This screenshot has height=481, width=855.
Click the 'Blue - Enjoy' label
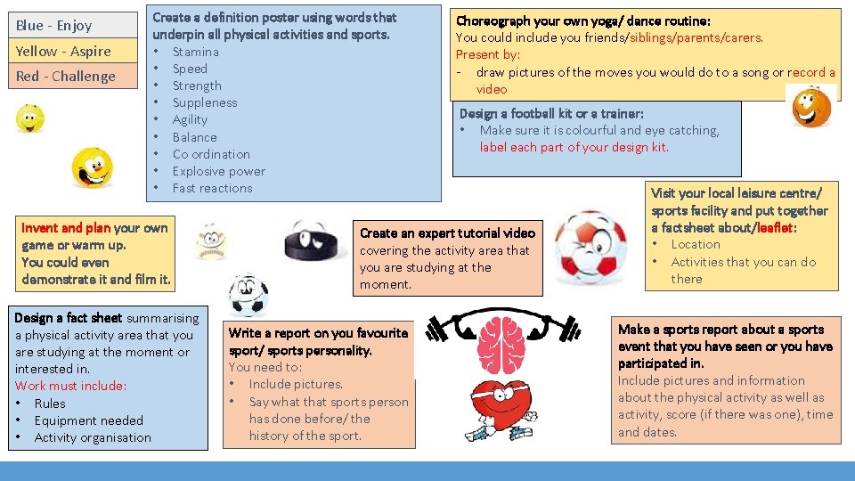click(x=53, y=25)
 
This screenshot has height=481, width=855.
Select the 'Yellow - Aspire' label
click(x=63, y=51)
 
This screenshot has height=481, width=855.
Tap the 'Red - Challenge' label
click(x=65, y=76)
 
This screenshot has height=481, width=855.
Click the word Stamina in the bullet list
click(x=195, y=52)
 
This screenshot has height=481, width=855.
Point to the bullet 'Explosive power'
click(x=218, y=171)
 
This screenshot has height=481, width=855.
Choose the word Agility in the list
click(x=190, y=119)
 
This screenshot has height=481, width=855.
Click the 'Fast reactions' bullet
click(x=212, y=188)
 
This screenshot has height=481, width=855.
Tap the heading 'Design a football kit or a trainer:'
click(x=550, y=113)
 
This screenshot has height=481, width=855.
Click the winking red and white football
click(x=590, y=247)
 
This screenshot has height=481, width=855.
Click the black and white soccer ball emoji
click(x=248, y=296)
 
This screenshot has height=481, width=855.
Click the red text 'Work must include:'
click(x=70, y=386)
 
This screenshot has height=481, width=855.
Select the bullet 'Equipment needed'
click(x=88, y=420)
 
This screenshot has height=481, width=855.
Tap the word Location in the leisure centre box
click(x=696, y=244)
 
